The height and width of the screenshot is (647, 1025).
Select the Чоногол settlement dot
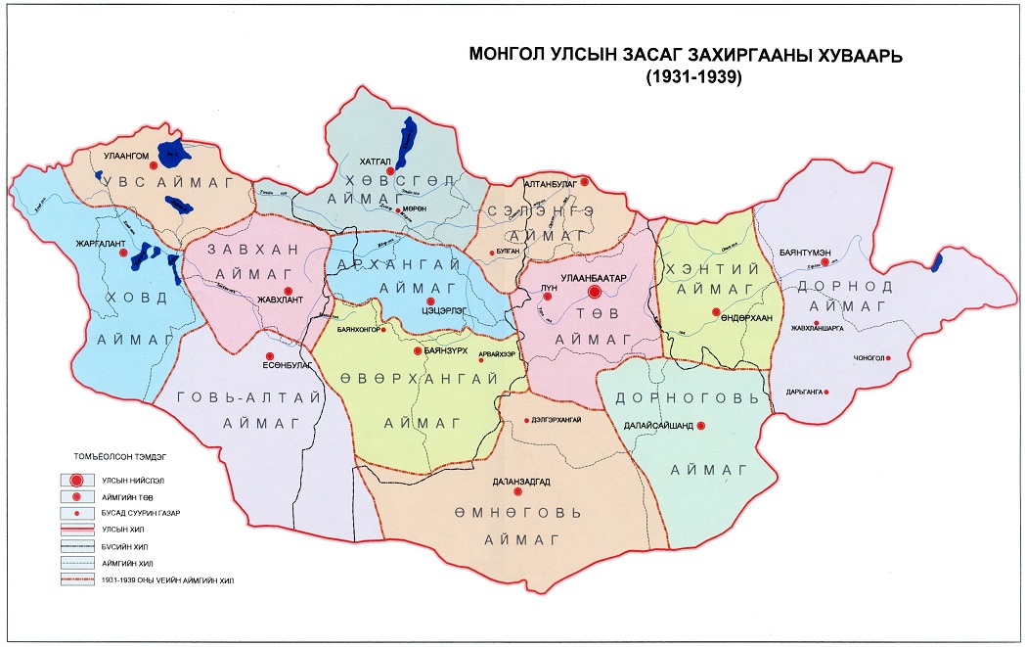889,357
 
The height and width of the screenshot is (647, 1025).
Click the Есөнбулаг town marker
270,357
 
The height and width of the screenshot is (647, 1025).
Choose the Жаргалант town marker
123,252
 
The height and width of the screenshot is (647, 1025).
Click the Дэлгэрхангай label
557,419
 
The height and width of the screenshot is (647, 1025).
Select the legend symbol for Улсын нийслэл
74,481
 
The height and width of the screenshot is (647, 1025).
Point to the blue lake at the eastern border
938,261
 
